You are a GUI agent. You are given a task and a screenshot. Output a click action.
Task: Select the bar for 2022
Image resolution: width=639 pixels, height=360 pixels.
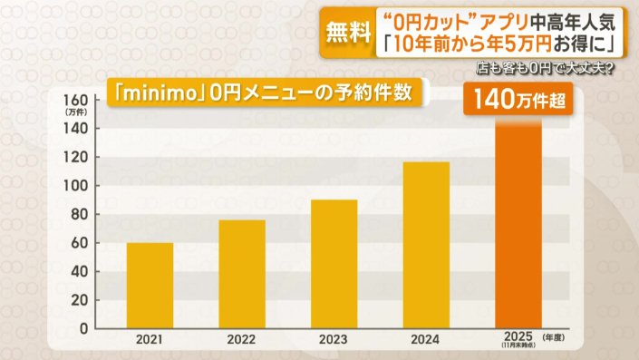tap(242, 274)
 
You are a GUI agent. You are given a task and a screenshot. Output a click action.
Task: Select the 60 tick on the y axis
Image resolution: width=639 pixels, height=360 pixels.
tap(80, 243)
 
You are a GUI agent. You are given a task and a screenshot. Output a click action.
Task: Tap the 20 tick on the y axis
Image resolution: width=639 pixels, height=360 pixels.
tap(80, 300)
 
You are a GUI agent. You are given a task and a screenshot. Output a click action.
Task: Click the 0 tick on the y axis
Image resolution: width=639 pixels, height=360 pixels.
tap(83, 328)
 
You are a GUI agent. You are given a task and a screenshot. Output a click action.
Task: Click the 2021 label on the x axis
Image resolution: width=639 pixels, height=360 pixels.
tap(150, 341)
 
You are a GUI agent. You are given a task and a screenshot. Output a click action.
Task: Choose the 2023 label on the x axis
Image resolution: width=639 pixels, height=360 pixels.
tap(334, 341)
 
